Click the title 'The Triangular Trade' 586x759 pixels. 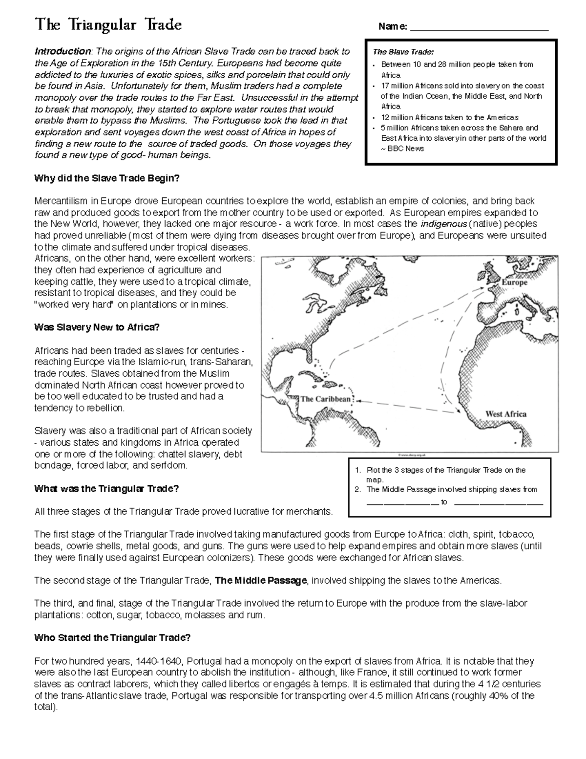coord(108,25)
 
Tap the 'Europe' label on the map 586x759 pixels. coord(514,282)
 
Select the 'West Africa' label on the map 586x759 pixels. coord(505,414)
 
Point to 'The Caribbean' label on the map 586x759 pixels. coord(325,399)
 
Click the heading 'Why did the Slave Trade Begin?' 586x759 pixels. coord(107,178)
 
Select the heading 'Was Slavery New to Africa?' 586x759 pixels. coord(97,327)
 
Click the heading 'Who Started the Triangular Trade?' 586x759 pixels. coord(112,638)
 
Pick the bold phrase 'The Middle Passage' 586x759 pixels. coord(261,581)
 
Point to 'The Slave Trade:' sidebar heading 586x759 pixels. coord(403,52)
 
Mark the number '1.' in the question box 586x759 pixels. coord(358,470)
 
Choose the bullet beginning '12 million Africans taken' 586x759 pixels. coord(449,117)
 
